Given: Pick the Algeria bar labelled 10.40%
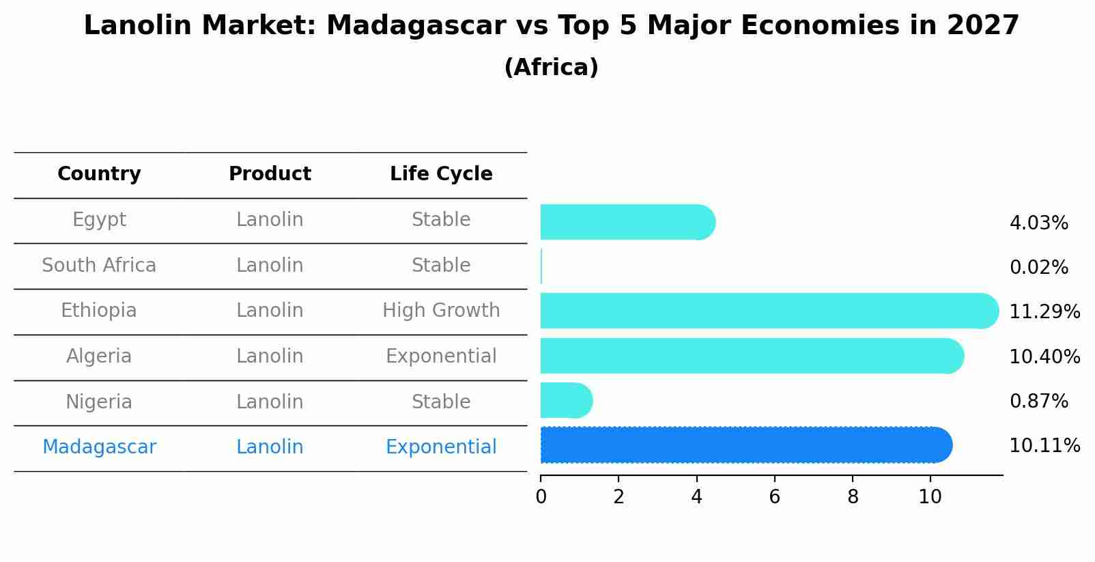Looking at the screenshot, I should (x=751, y=356).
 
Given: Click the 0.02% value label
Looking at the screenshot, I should (x=1038, y=268).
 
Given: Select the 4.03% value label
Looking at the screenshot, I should (x=1038, y=223).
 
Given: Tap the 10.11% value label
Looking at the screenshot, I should (x=1044, y=446).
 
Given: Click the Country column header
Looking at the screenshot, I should (x=99, y=174).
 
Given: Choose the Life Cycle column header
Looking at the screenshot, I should (x=441, y=174).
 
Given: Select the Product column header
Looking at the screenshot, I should (x=270, y=174).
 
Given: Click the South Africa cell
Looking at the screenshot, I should (x=99, y=266).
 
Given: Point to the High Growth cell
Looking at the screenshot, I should (x=441, y=311).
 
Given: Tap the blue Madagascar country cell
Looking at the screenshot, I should (x=99, y=447).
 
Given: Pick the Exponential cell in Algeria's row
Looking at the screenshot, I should (x=441, y=356).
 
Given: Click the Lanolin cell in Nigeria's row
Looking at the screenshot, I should (x=270, y=402).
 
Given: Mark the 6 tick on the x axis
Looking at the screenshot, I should (x=774, y=497).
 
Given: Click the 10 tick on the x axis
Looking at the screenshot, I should (x=930, y=497).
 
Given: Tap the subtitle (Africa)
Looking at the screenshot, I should (x=551, y=68).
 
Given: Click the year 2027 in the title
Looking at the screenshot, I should (x=982, y=26).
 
